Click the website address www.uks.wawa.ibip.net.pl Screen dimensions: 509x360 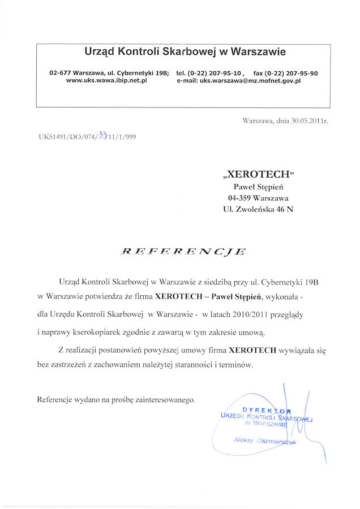(x=107, y=81)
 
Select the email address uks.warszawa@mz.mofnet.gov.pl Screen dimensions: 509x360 (x=250, y=81)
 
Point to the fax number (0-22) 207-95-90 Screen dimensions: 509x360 (x=293, y=73)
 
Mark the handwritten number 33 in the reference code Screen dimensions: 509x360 (x=102, y=135)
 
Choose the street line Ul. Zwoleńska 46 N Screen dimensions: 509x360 (x=259, y=209)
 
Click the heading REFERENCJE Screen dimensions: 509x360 (x=183, y=251)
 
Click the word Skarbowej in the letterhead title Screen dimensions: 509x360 (x=191, y=52)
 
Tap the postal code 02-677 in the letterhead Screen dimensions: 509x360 (x=61, y=73)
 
